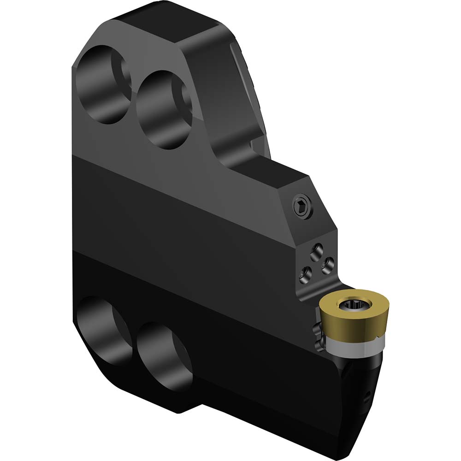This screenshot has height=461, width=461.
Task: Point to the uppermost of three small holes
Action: coord(316,251)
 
